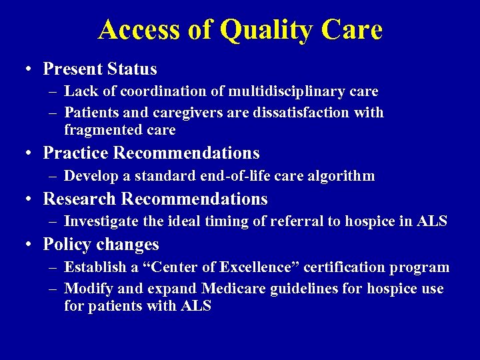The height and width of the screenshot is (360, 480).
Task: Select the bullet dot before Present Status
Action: coord(31,69)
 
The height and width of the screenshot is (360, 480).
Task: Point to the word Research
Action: coord(78,199)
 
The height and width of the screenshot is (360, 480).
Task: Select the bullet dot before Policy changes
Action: coord(31,245)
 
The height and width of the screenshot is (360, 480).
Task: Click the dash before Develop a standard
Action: coord(53,177)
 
